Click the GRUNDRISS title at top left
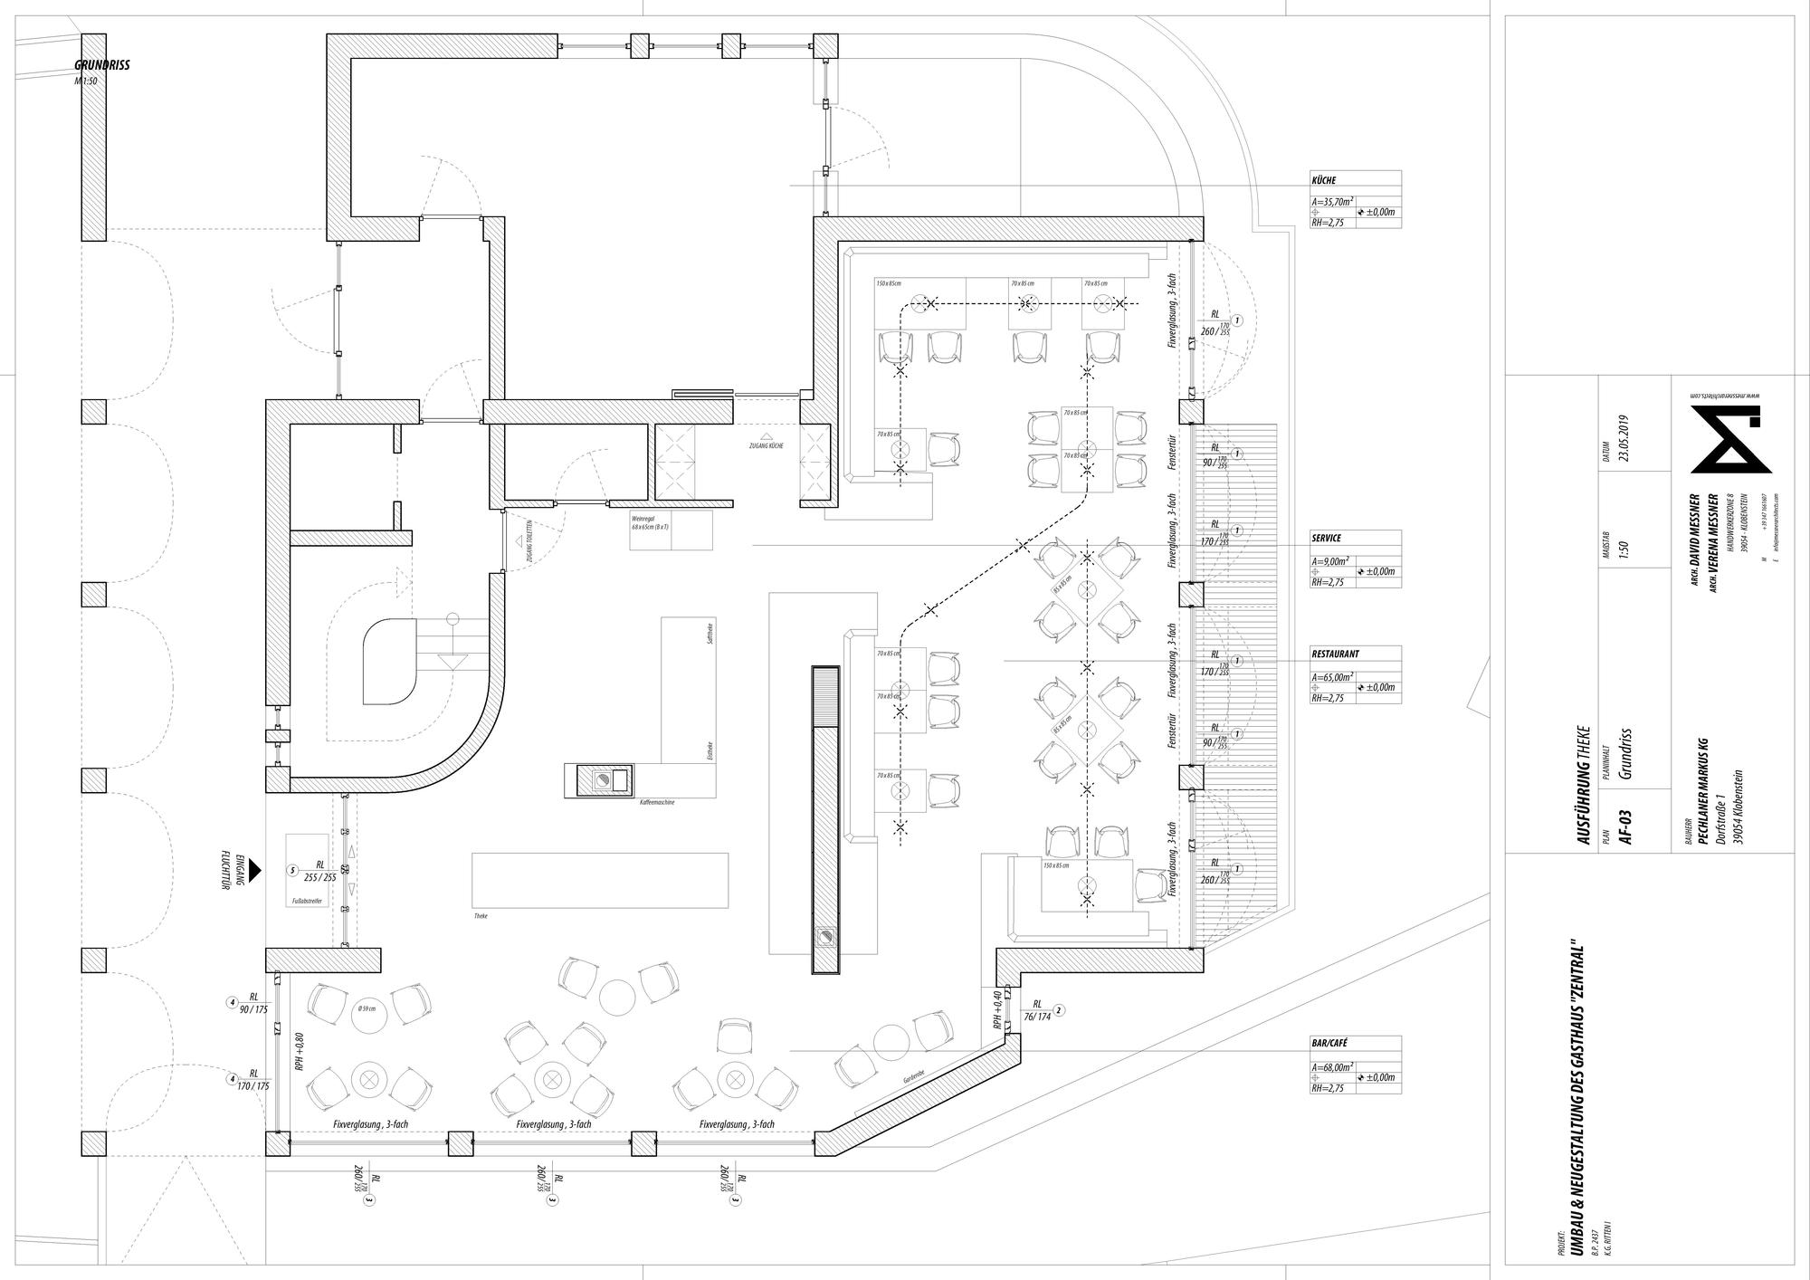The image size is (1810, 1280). tap(102, 65)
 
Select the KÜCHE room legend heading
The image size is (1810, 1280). tap(1323, 180)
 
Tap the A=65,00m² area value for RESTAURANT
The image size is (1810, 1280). tap(1332, 676)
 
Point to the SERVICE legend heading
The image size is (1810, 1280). tap(1326, 538)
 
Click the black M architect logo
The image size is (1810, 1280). tap(1730, 439)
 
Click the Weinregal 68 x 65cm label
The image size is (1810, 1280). tap(650, 521)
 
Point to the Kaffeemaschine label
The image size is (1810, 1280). tap(657, 803)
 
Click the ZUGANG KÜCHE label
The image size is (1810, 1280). tap(766, 446)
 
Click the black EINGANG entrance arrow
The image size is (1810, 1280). tap(255, 871)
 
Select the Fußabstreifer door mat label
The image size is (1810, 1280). tap(307, 902)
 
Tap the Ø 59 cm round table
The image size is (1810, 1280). tap(369, 1008)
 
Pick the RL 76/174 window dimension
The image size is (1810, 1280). tap(1036, 1010)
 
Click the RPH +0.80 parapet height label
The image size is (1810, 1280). tap(298, 1053)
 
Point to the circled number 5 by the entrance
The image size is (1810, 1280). tap(291, 871)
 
